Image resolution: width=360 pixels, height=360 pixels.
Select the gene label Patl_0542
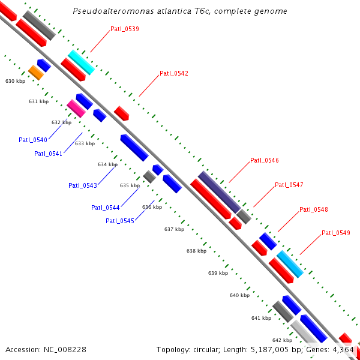click(174, 73)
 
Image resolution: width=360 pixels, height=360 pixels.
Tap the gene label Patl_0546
click(265, 160)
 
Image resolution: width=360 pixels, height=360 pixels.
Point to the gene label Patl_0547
click(289, 185)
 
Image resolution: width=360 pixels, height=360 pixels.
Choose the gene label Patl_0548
click(314, 209)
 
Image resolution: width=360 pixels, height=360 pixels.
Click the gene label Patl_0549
click(336, 233)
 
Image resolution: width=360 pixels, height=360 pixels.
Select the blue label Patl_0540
click(33, 140)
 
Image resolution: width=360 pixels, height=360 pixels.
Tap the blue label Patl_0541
click(49, 154)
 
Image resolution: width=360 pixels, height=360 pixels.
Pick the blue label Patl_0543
click(83, 185)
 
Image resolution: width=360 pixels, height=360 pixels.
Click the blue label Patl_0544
click(106, 208)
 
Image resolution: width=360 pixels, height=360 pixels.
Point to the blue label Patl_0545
click(120, 221)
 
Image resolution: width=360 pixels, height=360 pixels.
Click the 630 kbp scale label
click(16, 80)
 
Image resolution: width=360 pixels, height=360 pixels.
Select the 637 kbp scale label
click(174, 229)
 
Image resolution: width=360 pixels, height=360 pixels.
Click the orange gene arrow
click(36, 73)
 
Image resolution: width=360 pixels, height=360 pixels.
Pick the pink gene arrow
click(76, 108)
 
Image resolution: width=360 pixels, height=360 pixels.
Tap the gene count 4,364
click(343, 349)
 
